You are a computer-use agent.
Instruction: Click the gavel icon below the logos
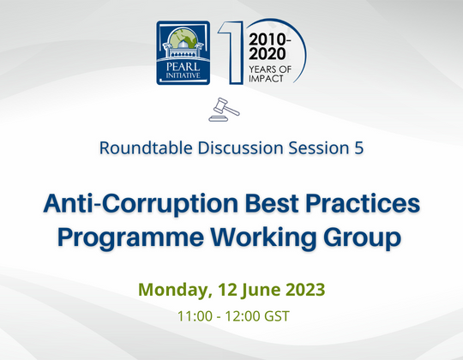tap(225, 110)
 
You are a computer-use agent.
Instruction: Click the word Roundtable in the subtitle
tap(140, 147)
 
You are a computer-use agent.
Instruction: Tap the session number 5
tap(358, 147)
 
